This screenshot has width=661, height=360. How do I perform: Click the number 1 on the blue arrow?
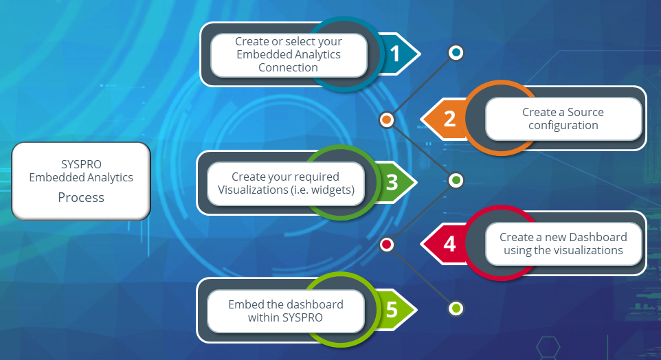(394, 53)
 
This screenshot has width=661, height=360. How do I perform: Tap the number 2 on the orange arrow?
(449, 119)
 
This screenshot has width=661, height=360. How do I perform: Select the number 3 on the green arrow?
(392, 182)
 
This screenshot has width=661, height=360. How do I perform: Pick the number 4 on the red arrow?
(449, 244)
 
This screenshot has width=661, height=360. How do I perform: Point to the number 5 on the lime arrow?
(392, 309)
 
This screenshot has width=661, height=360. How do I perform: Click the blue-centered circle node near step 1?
(456, 52)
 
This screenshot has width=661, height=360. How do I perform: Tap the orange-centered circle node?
(387, 120)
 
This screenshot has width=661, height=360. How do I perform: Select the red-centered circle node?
(387, 244)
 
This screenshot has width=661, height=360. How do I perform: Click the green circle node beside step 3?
(456, 180)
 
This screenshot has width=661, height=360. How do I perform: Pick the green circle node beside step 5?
(456, 308)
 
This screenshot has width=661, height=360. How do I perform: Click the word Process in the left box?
(81, 197)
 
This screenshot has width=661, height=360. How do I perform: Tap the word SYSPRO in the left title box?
(81, 165)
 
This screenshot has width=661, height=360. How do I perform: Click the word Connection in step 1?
(288, 67)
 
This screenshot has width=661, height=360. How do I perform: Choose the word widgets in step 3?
(329, 190)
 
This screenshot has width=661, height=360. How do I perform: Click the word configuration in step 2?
(563, 125)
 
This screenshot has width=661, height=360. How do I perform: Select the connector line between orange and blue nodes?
(421, 86)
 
